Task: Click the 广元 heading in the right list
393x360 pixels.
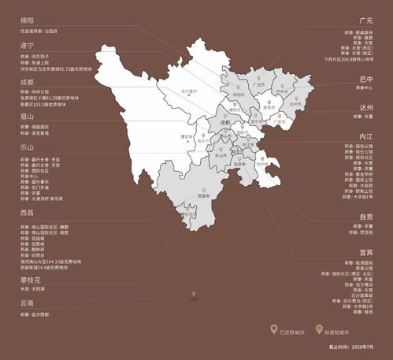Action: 365,20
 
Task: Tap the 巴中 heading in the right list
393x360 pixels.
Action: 365,80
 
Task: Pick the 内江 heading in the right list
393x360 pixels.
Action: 365,135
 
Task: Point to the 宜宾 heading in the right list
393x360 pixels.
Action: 365,252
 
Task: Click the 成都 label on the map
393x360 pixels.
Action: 225,124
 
